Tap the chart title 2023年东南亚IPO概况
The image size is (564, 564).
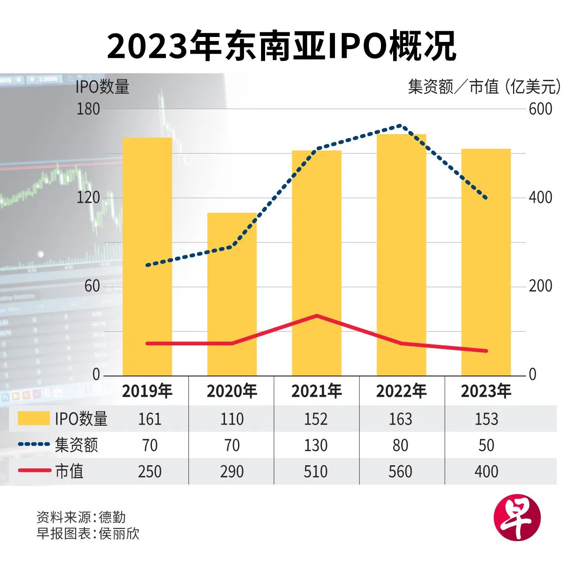282,46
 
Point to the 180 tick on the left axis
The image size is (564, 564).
88,109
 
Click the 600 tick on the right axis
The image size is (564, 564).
540,109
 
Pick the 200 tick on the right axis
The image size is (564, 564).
540,286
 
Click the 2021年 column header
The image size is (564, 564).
316,391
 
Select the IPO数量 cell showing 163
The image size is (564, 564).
400,419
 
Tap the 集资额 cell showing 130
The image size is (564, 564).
316,445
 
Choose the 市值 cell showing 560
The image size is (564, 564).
400,472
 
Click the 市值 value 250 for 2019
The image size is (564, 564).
150,472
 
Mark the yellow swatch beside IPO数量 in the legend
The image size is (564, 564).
33,418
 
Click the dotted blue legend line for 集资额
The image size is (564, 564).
34,445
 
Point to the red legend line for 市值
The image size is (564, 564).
34,470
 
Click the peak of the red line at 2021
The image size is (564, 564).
316,316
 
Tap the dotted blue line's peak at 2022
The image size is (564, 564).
400,126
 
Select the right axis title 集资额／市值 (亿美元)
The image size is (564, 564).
484,87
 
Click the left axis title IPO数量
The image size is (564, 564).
102,87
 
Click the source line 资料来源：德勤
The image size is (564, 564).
81,517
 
